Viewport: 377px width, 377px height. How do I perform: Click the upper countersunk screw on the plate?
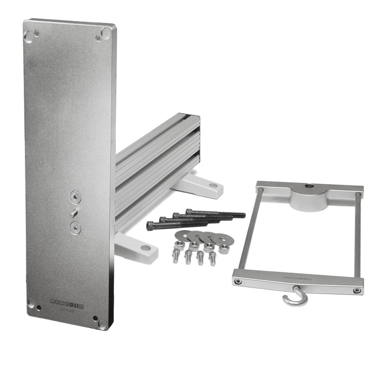click(74, 196)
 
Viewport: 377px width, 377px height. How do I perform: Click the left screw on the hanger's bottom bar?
click(238, 281)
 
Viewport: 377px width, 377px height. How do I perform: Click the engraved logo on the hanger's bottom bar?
click(295, 279)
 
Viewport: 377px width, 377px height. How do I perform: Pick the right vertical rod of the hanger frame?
click(360, 236)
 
